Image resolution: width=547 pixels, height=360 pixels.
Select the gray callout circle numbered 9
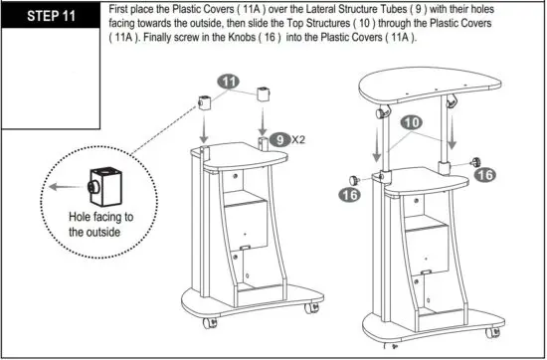coord(282,139)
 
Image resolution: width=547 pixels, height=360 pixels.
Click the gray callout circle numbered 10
coord(409,121)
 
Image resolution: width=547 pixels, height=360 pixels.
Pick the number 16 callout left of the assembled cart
coord(349,195)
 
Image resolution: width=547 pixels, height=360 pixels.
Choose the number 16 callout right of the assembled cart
coord(484,174)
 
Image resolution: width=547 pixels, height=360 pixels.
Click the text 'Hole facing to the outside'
coord(99,224)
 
